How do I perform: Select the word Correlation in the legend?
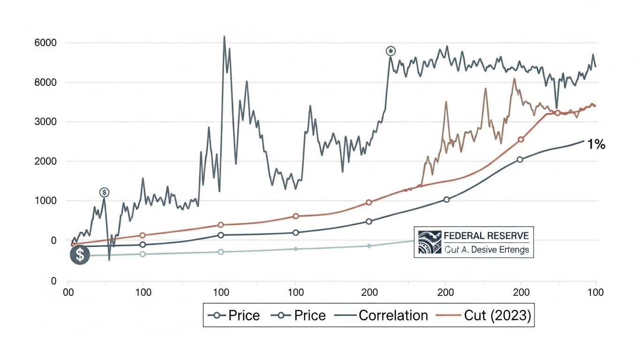[x=393, y=315]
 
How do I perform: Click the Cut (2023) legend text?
[x=497, y=315]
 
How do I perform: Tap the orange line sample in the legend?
[x=447, y=315]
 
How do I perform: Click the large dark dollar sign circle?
[x=80, y=255]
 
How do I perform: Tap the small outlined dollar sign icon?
[x=104, y=192]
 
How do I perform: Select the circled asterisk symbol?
[x=390, y=51]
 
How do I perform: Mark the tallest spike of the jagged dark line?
[x=224, y=37]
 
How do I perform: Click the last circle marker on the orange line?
[x=557, y=113]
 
